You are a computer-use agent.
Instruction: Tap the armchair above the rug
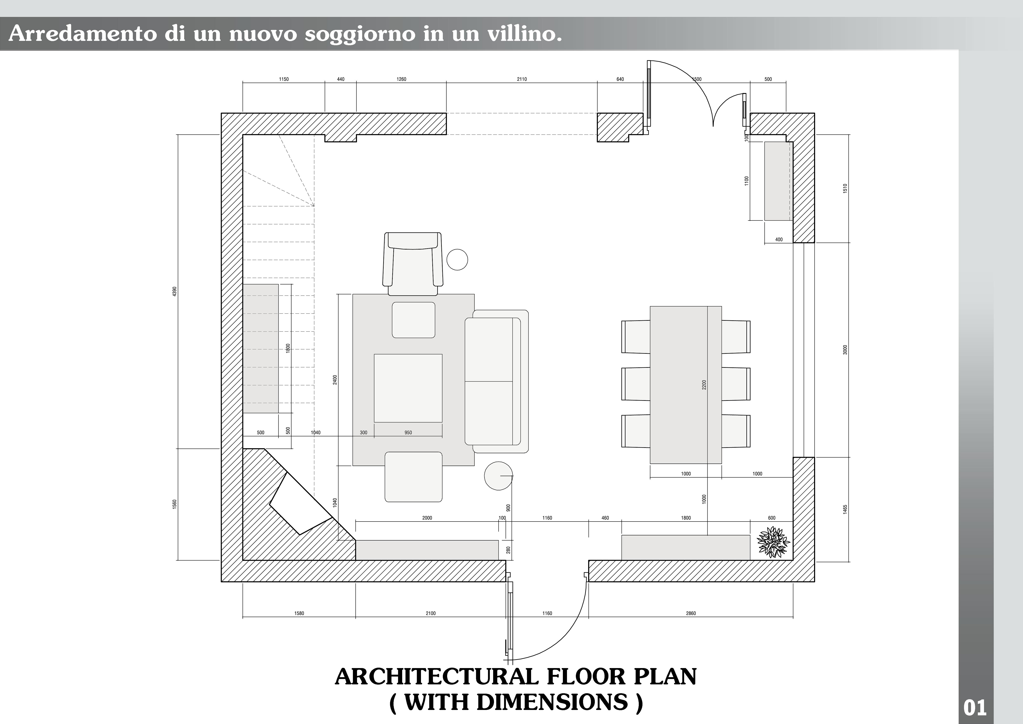pyautogui.click(x=413, y=264)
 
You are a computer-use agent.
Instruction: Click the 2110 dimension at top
pyautogui.click(x=522, y=79)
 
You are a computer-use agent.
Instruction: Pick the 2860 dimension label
pyautogui.click(x=691, y=613)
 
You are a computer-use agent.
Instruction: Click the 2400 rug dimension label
pyautogui.click(x=335, y=380)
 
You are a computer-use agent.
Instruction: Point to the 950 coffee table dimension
pyautogui.click(x=408, y=432)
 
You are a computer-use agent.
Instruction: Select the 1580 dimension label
pyautogui.click(x=299, y=613)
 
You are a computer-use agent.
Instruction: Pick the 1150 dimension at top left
pyautogui.click(x=284, y=79)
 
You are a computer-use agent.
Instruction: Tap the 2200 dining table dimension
pyautogui.click(x=704, y=385)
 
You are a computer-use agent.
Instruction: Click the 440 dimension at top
pyautogui.click(x=340, y=79)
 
